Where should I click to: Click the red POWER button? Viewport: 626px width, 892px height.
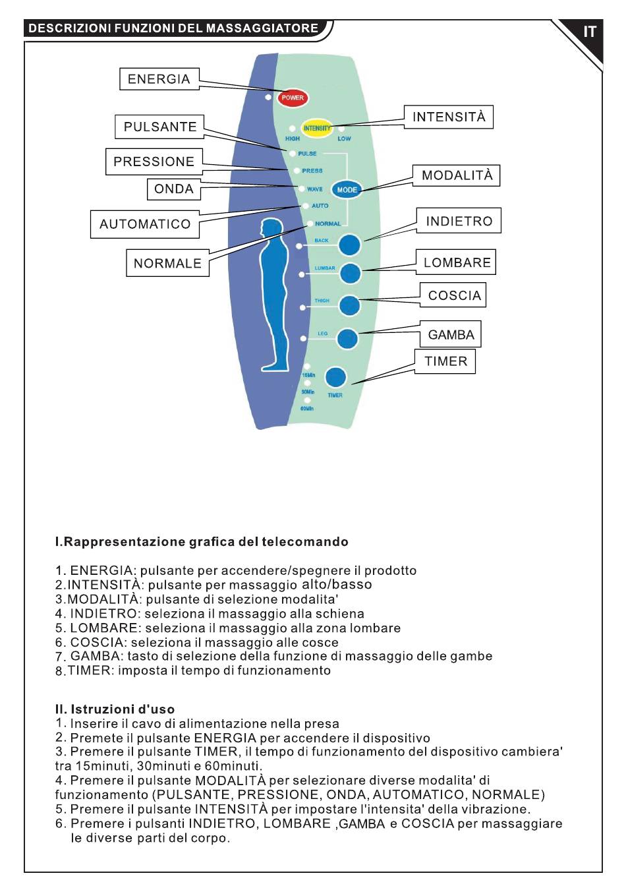coord(293,98)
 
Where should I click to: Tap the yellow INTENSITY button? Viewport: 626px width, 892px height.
coord(316,128)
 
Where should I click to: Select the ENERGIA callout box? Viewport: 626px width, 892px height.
coord(159,79)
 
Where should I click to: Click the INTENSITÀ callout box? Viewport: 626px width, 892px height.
coord(449,117)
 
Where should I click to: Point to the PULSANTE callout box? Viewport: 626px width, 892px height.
coord(159,127)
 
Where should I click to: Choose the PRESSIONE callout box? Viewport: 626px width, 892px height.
coord(154,162)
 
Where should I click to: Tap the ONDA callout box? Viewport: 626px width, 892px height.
coord(173,189)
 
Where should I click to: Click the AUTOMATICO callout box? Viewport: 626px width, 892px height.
coord(145,224)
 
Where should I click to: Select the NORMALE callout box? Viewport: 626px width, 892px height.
coord(167,263)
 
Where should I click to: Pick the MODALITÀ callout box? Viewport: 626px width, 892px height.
coord(457,175)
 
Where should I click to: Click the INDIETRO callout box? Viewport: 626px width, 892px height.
coord(459,221)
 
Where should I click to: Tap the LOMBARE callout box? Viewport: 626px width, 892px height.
coord(456,262)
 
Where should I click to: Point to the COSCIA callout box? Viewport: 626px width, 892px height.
coord(453,295)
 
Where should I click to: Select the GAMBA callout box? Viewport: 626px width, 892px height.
coord(451,334)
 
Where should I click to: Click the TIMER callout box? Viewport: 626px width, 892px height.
coord(445,361)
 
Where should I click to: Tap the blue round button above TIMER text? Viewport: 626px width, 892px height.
coord(335,376)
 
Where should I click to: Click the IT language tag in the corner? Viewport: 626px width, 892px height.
coord(589,32)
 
